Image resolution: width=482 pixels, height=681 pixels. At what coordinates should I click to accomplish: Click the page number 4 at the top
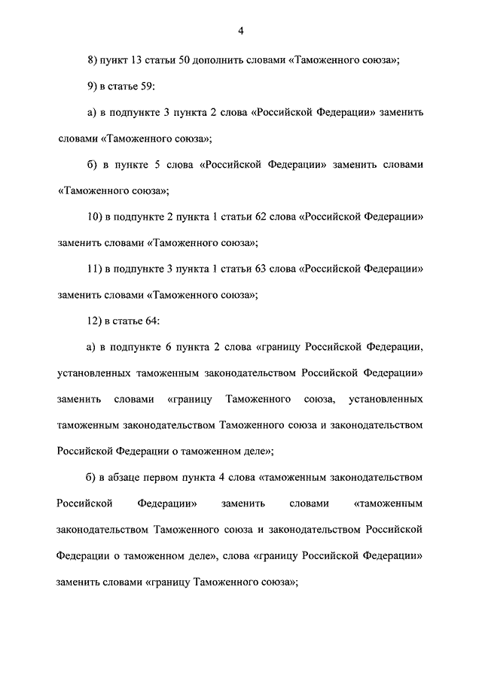[240, 31]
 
